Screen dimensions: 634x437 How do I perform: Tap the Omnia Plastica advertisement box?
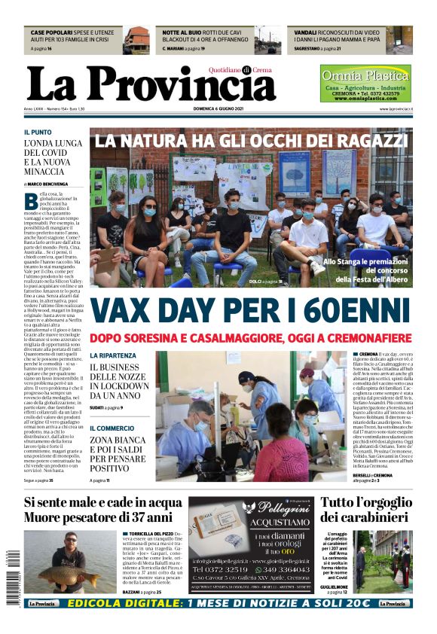point(365,84)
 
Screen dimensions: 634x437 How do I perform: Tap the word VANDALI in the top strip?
point(305,34)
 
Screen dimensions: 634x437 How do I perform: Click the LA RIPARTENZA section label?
point(113,355)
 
